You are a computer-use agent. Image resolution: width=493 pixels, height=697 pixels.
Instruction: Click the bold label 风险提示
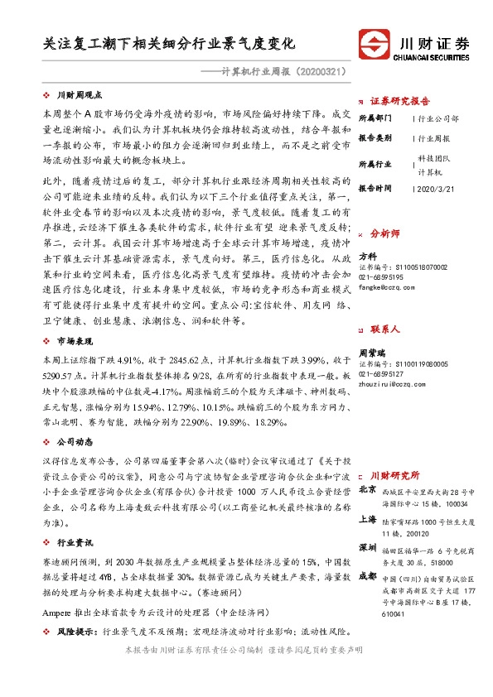pyautogui.click(x=74, y=631)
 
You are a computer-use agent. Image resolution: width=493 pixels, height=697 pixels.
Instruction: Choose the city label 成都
pyautogui.click(x=367, y=576)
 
